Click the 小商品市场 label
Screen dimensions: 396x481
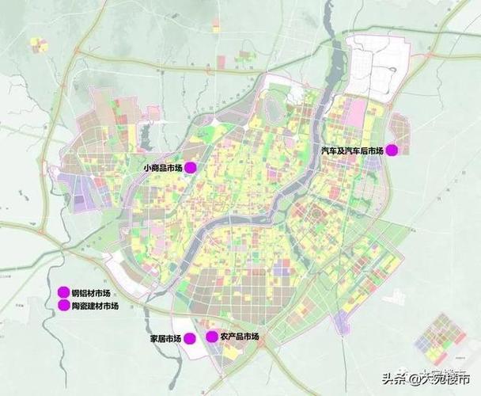point(164,168)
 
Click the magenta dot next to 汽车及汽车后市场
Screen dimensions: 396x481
point(391,150)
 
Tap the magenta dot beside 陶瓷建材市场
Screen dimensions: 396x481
point(64,306)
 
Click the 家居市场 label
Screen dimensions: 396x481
point(165,339)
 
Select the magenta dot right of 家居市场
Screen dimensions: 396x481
point(190,338)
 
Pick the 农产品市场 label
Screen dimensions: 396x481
point(240,337)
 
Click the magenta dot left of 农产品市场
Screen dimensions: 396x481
point(212,337)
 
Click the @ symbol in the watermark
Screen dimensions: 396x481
point(411,379)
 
